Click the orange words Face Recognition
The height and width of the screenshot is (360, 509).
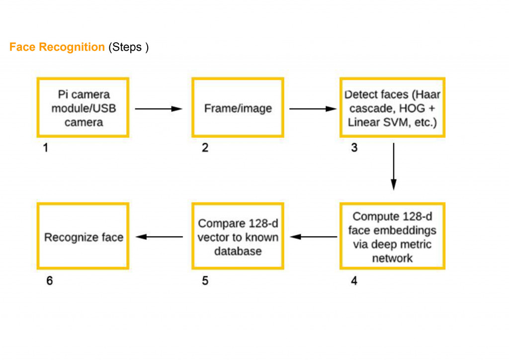[x=57, y=47]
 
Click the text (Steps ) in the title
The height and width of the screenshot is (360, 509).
[x=129, y=47]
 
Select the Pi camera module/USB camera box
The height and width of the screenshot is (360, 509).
[x=83, y=107]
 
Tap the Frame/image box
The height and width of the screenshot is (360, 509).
[x=238, y=108]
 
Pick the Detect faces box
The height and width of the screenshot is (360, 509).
[x=392, y=107]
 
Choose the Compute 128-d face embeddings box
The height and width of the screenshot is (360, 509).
[x=392, y=237]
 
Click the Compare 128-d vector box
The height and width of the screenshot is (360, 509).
[x=238, y=237]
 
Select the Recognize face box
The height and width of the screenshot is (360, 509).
[x=83, y=237]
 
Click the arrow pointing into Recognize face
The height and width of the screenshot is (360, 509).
[x=160, y=237]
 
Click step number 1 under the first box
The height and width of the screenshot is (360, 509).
[x=45, y=148]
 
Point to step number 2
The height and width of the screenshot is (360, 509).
[x=205, y=148]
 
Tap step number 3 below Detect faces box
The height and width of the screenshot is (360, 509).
[x=354, y=148]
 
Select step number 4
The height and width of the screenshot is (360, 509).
[x=354, y=281]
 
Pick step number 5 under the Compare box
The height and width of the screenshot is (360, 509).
[x=205, y=281]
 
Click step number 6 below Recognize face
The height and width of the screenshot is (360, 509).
[x=49, y=281]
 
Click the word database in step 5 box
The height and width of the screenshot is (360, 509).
[x=238, y=251]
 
